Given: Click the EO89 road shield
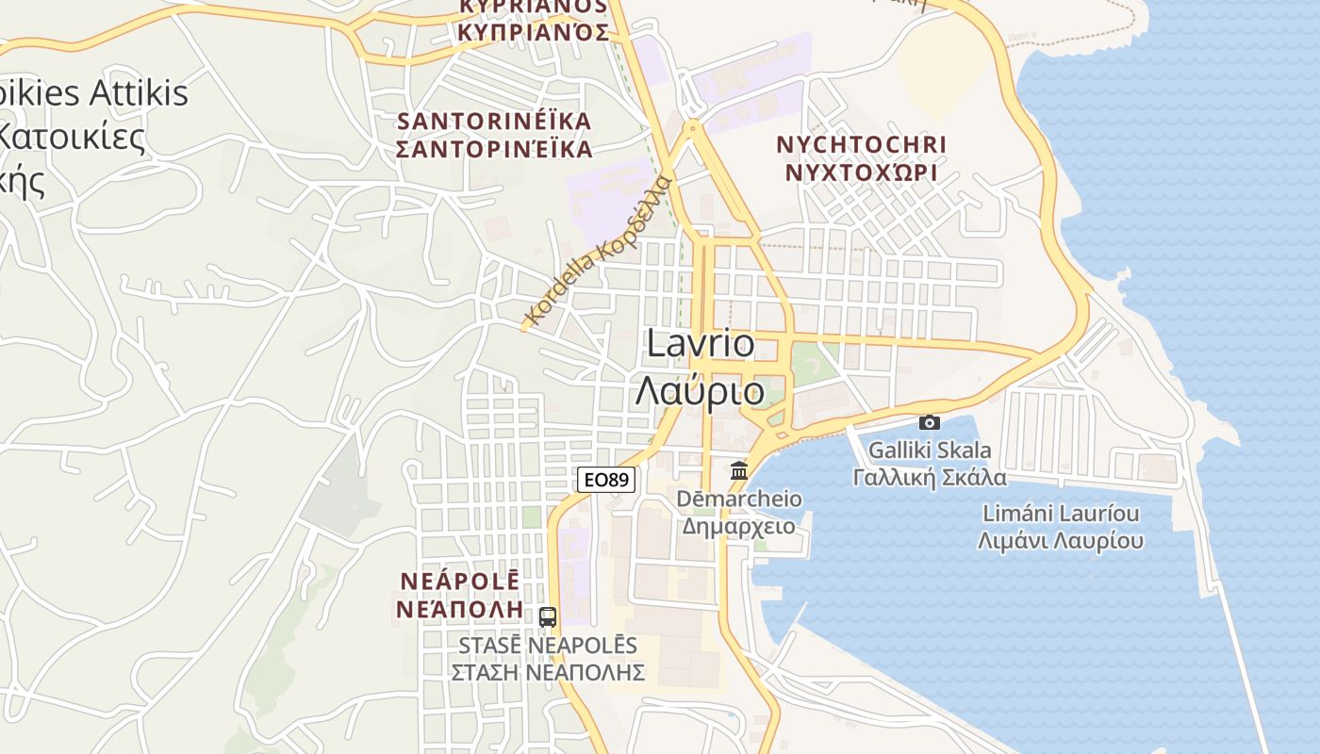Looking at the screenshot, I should (x=606, y=480).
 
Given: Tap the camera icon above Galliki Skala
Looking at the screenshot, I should (x=930, y=422).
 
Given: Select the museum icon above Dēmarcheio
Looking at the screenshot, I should (x=739, y=469).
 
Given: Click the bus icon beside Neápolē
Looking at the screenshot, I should (x=548, y=617).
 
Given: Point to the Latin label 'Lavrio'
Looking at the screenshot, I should (x=701, y=344).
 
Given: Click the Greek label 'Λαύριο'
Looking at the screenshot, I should (x=700, y=390).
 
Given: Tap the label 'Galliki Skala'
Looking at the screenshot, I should (x=930, y=450).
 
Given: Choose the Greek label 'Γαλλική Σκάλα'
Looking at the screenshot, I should (x=930, y=477).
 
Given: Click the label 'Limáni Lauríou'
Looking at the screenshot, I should (x=1061, y=514).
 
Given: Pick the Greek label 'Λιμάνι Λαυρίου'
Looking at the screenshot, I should (x=1061, y=541).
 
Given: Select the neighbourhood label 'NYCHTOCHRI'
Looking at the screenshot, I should (x=861, y=145).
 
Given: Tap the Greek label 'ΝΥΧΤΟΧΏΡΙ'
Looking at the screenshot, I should (x=861, y=172).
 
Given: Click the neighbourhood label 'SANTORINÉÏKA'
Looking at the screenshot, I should (x=495, y=122).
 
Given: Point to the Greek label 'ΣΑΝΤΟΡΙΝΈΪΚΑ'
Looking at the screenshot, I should (x=495, y=149).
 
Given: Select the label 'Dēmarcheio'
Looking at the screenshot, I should (x=739, y=499).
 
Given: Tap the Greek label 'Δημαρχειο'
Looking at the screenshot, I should (x=739, y=526).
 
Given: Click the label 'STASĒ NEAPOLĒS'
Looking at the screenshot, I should (x=548, y=647).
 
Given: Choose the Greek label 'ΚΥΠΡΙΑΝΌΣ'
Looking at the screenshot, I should (x=533, y=32).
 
